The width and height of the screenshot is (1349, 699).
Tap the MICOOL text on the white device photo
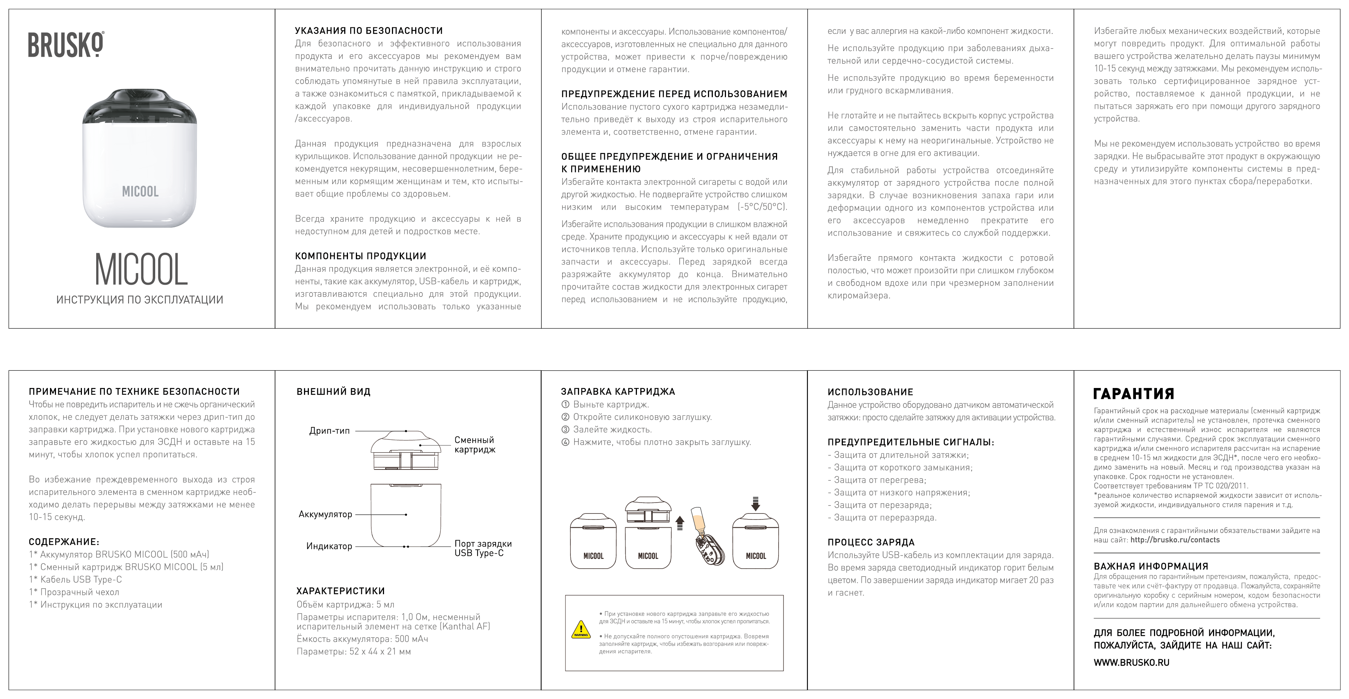pyautogui.click(x=140, y=192)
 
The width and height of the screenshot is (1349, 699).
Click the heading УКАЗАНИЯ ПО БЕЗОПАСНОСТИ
pyautogui.click(x=369, y=31)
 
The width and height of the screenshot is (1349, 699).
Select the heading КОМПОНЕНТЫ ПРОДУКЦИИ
pyautogui.click(x=360, y=256)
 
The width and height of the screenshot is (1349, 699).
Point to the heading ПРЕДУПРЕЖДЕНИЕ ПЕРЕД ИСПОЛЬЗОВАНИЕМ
pyautogui.click(x=674, y=94)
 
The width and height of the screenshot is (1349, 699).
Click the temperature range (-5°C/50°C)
pyautogui.click(x=762, y=207)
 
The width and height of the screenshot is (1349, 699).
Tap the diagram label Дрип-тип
pyautogui.click(x=330, y=431)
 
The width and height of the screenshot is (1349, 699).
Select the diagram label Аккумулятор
pyautogui.click(x=325, y=514)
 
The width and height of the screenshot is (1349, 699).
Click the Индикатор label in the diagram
pyautogui.click(x=329, y=546)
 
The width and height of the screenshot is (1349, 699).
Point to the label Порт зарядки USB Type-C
pyautogui.click(x=483, y=548)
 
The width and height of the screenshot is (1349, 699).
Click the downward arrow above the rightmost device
pyautogui.click(x=755, y=504)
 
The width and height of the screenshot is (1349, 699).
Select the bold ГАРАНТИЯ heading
pyautogui.click(x=1133, y=394)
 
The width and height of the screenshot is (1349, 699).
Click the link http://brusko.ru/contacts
pyautogui.click(x=1175, y=540)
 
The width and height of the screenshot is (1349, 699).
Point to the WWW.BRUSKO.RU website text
pyautogui.click(x=1131, y=662)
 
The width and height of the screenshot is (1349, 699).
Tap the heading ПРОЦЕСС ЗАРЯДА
pyautogui.click(x=870, y=542)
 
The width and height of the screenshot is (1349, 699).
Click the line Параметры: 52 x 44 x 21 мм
pyautogui.click(x=354, y=652)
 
